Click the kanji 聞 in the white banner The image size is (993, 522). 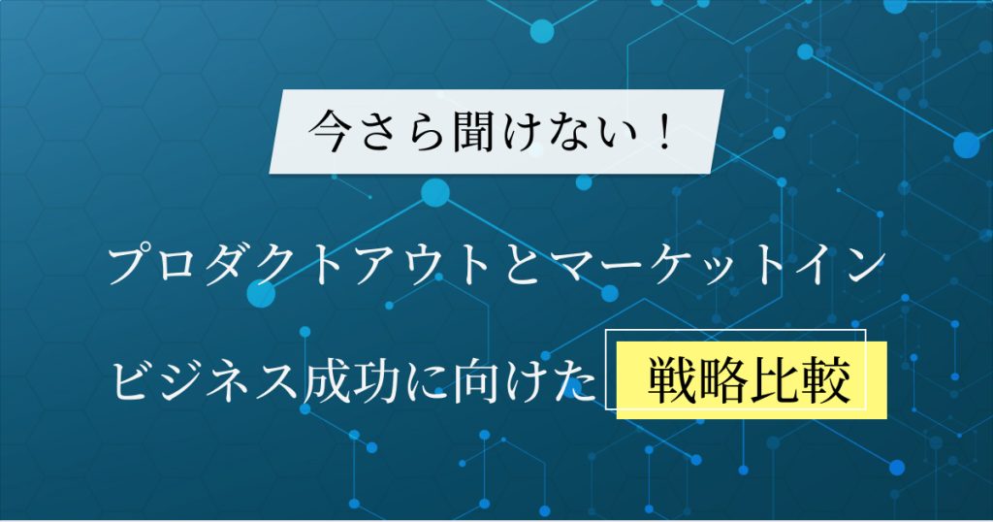[x=471, y=132]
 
